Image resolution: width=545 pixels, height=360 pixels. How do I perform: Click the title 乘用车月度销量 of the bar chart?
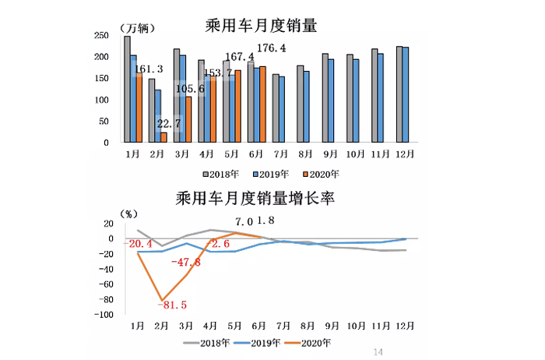click(265, 26)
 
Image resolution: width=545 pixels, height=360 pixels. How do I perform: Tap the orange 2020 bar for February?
click(163, 137)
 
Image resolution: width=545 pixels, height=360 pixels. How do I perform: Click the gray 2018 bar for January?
click(127, 89)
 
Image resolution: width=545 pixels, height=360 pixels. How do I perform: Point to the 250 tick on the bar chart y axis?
click(100, 36)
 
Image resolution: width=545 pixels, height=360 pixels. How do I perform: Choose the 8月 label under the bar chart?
click(302, 154)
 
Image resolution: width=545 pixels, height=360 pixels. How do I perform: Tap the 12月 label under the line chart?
click(405, 325)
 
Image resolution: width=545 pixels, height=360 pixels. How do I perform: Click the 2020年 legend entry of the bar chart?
click(322, 174)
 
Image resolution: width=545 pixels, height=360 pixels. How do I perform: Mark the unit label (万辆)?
click(136, 28)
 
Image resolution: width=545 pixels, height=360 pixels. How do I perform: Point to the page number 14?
click(379, 352)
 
